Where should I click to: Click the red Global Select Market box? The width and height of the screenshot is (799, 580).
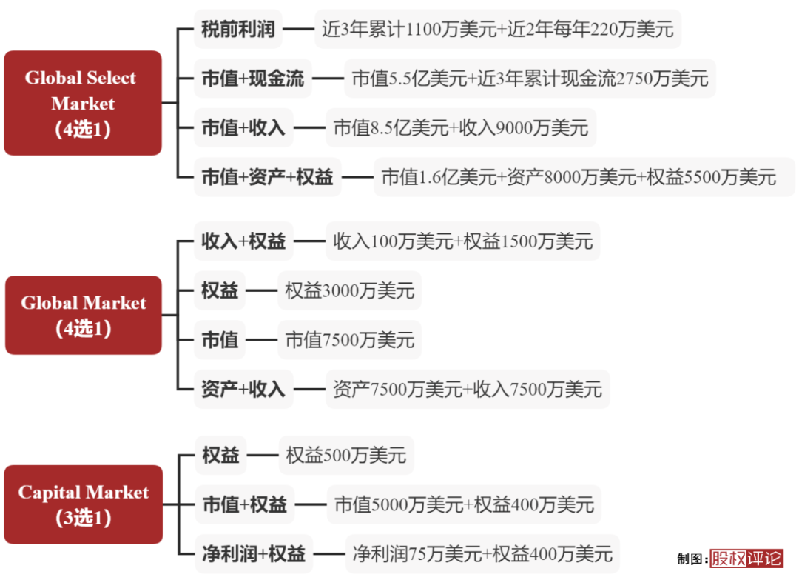pos(82,103)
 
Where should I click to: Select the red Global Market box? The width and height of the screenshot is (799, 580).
pos(83,315)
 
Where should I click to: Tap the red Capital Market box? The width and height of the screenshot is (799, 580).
pos(83,504)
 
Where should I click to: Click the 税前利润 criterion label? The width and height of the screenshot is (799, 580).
pos(238,30)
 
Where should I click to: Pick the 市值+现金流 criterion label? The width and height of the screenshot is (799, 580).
pos(253,79)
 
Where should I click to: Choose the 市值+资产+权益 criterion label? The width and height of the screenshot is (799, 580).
pos(267,177)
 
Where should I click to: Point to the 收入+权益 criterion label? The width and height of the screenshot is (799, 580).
pos(243,241)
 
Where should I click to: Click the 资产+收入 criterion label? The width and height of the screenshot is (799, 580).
pos(243,388)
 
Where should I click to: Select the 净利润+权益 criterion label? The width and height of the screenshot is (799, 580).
pos(254,553)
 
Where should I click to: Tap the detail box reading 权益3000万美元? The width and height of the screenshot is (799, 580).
pos(349,291)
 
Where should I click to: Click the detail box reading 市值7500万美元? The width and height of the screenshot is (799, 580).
pos(349,340)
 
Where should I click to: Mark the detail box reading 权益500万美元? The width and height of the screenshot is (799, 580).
pos(346,455)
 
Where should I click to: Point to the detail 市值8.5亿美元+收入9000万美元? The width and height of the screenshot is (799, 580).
pos(460,127)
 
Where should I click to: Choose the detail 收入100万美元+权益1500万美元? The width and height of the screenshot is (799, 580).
pos(463,241)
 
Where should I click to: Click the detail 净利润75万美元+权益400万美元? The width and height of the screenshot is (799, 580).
pos(482,553)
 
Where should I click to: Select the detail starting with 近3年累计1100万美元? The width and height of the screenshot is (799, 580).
pos(498,30)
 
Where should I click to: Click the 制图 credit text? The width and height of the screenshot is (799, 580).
pos(691,559)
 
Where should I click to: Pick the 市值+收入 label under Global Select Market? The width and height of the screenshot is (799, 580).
pos(243,127)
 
